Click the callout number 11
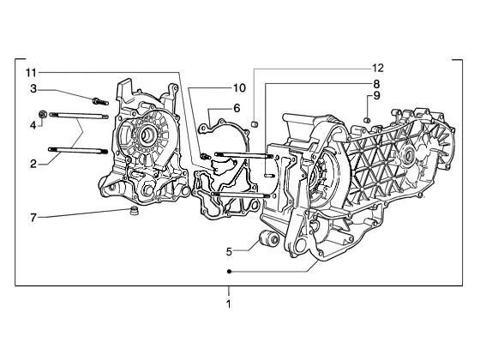point(31,73)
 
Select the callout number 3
point(33,89)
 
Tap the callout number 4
point(33,125)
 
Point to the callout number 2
point(33,164)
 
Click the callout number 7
point(33,218)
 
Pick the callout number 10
point(239,87)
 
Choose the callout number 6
point(237,108)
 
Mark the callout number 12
point(378,68)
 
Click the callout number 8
point(376,84)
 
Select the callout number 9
point(376,96)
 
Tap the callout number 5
point(230,252)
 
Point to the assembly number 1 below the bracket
point(228,304)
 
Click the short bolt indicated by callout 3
point(100,101)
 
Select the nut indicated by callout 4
point(43,114)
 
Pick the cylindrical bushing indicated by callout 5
point(268,239)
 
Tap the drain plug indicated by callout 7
point(133,211)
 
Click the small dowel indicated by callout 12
point(254,124)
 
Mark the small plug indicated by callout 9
point(368,120)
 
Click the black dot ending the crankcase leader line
point(229,272)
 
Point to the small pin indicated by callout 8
point(269,176)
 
